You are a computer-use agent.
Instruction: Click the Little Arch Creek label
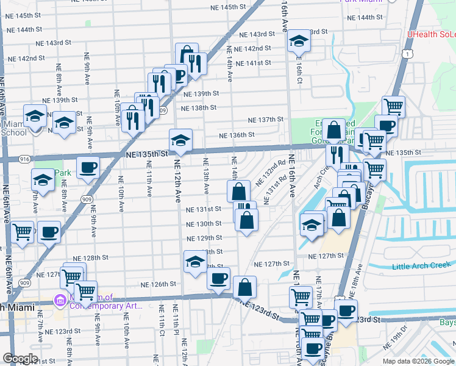point(421,266)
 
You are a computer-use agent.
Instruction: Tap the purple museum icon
point(60,301)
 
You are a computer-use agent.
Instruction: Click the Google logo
point(20,359)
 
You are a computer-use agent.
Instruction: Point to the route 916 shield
point(24,159)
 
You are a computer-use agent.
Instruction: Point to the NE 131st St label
point(204,209)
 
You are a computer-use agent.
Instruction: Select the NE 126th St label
point(158,284)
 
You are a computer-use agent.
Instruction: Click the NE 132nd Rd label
point(270,173)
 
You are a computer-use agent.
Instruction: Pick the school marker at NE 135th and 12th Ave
point(180,140)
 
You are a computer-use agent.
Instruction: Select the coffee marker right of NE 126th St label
point(218,279)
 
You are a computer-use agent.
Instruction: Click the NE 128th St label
point(90,259)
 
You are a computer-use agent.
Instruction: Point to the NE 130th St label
point(204,224)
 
